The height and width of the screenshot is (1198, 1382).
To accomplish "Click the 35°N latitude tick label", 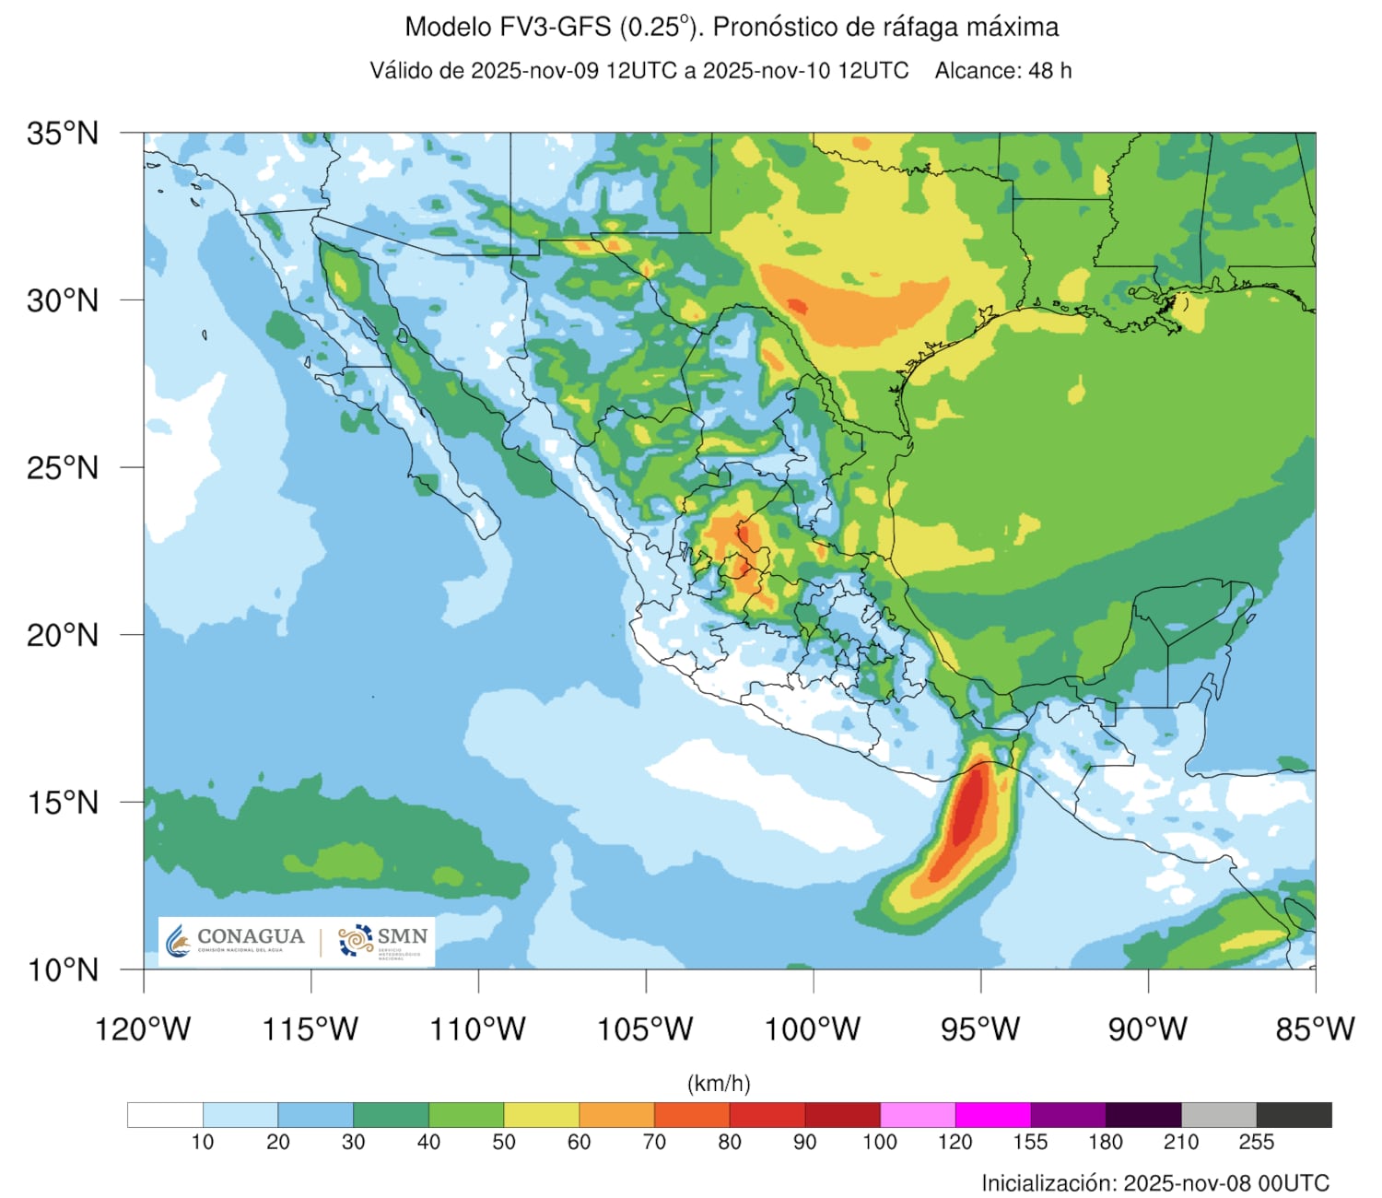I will (62, 134).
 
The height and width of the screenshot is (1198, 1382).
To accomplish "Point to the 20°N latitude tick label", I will (62, 635).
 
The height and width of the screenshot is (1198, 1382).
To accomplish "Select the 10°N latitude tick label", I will (62, 969).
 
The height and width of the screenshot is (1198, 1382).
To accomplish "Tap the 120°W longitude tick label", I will (143, 1028).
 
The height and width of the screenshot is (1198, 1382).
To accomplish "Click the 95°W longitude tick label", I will (980, 1028).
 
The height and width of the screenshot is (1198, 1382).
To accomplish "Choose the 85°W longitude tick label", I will (1315, 1028).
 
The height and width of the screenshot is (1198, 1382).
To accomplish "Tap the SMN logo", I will (382, 941).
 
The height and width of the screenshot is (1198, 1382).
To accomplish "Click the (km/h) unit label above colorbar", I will (719, 1084).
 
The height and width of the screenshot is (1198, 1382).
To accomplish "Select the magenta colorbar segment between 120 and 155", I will (992, 1115).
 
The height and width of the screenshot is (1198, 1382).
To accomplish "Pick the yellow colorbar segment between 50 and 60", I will (542, 1115).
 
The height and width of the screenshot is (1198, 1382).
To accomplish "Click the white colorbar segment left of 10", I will (165, 1115).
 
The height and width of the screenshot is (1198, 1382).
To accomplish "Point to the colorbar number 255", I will (1256, 1143).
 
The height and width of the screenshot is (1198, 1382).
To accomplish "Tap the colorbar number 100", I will (880, 1143).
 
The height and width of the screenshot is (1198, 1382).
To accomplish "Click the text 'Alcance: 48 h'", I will (1003, 71).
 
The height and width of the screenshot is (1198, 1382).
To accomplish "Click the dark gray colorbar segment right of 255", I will (1294, 1115).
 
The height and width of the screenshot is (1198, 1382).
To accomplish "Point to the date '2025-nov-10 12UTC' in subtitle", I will (805, 71).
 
